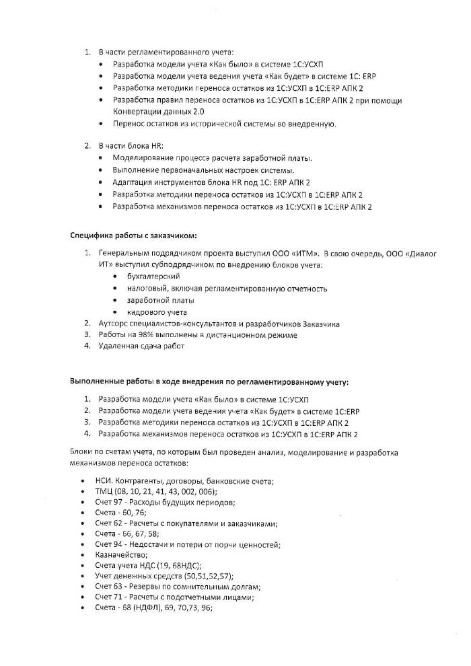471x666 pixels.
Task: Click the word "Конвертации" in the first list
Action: [135, 112]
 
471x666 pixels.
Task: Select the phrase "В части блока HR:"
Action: [131, 145]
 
